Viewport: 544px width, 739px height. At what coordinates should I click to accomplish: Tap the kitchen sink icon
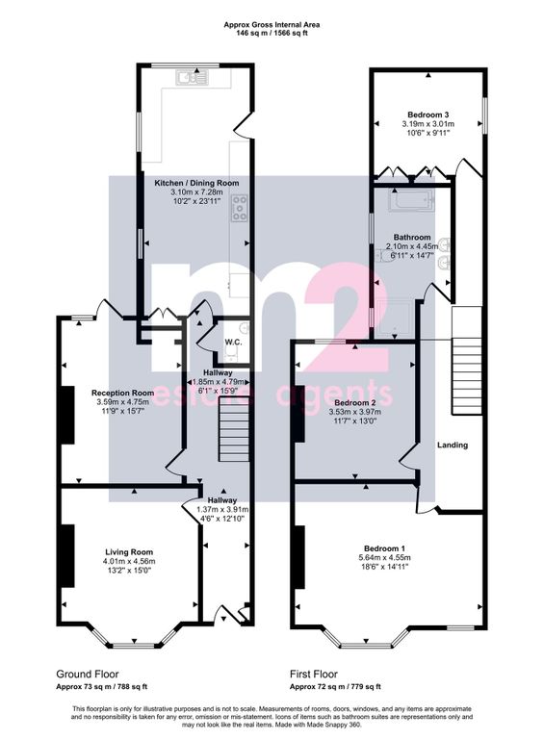pyautogui.click(x=193, y=77)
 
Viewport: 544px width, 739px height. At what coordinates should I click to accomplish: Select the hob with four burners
pyautogui.click(x=240, y=208)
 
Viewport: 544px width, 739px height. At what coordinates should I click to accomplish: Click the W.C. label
pyautogui.click(x=233, y=343)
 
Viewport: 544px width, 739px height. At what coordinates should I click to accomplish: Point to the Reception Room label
pyautogui.click(x=122, y=393)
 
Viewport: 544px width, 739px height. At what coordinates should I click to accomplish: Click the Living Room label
pyautogui.click(x=129, y=552)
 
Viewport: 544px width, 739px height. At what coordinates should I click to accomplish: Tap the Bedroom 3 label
pyautogui.click(x=428, y=115)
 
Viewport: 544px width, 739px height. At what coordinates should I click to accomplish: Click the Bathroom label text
pyautogui.click(x=412, y=237)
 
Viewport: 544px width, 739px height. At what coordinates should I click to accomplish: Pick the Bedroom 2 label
pyautogui.click(x=354, y=403)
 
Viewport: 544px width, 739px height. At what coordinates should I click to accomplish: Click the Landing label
pyautogui.click(x=453, y=445)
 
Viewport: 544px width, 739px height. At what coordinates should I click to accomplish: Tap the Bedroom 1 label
pyautogui.click(x=385, y=548)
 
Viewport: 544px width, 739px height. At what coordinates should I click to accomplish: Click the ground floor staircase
pyautogui.click(x=233, y=434)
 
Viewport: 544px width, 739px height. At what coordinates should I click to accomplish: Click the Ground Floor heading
pyautogui.click(x=88, y=674)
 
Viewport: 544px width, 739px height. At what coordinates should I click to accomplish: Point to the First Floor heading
pyautogui.click(x=314, y=674)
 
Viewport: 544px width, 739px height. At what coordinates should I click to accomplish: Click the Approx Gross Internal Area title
pyautogui.click(x=272, y=24)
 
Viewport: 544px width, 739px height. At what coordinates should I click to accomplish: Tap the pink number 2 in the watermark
pyautogui.click(x=349, y=319)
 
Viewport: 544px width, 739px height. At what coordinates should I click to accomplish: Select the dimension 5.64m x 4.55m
pyautogui.click(x=385, y=557)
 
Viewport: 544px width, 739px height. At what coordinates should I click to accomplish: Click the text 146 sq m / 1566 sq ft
pyautogui.click(x=272, y=34)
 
